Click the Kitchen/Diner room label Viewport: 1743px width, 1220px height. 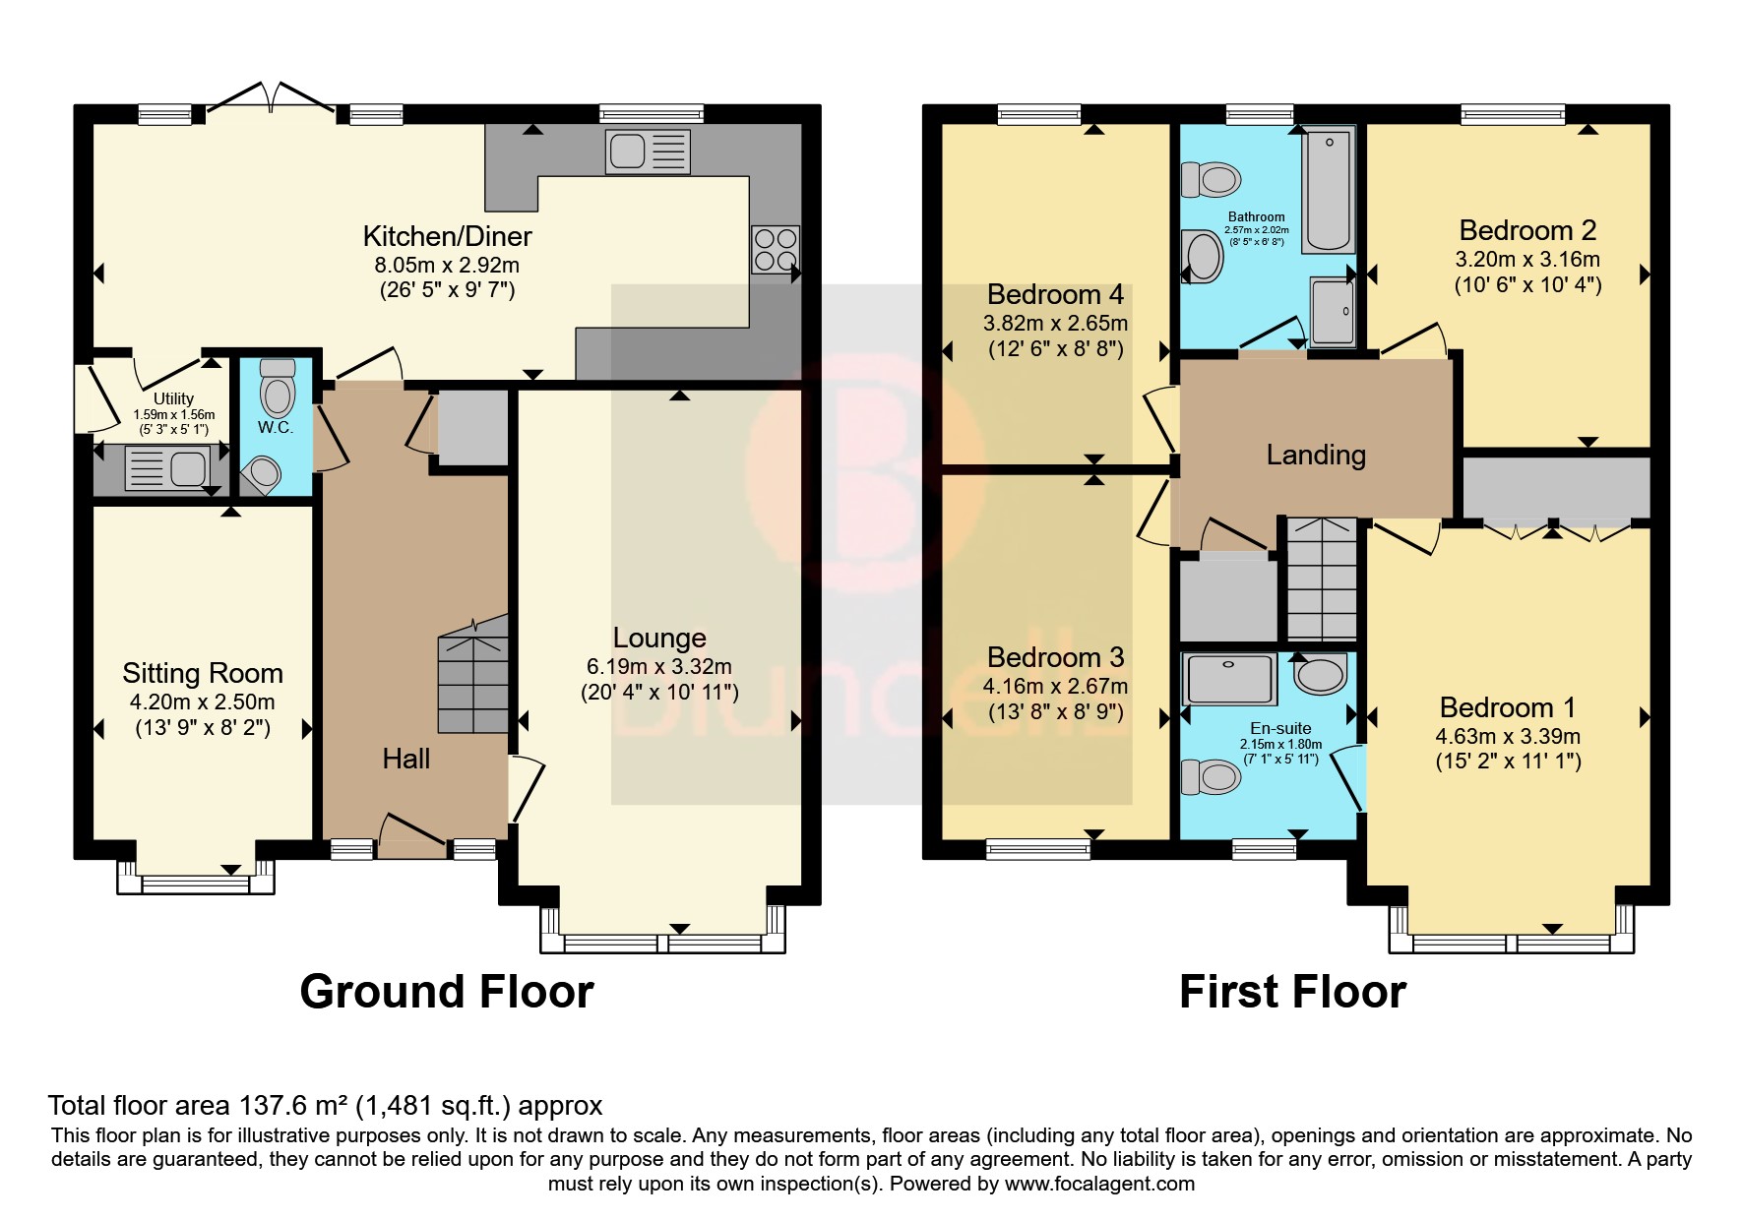click(x=447, y=236)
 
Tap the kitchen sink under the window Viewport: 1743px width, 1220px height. click(x=648, y=152)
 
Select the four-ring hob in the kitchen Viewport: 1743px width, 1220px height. click(x=776, y=249)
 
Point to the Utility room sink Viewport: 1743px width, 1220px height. click(x=166, y=468)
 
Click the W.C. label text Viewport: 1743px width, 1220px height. click(x=276, y=428)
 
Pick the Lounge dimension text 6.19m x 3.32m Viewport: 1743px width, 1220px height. click(x=659, y=667)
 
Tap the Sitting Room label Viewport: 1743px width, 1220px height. click(x=203, y=673)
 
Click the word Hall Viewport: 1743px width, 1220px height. click(x=406, y=759)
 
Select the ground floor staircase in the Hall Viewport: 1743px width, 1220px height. click(x=473, y=674)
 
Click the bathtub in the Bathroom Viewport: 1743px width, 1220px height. click(x=1329, y=188)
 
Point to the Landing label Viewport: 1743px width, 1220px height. click(x=1316, y=455)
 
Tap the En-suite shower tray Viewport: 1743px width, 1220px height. click(x=1229, y=679)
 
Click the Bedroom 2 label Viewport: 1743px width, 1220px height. click(x=1527, y=230)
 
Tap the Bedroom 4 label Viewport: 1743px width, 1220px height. click(x=1055, y=294)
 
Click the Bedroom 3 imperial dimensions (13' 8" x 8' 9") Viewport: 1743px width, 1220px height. click(x=1055, y=712)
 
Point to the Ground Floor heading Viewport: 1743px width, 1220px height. click(x=447, y=992)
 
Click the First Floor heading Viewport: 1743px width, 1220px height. click(x=1292, y=992)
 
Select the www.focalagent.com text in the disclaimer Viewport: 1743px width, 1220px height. click(x=1099, y=1184)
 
